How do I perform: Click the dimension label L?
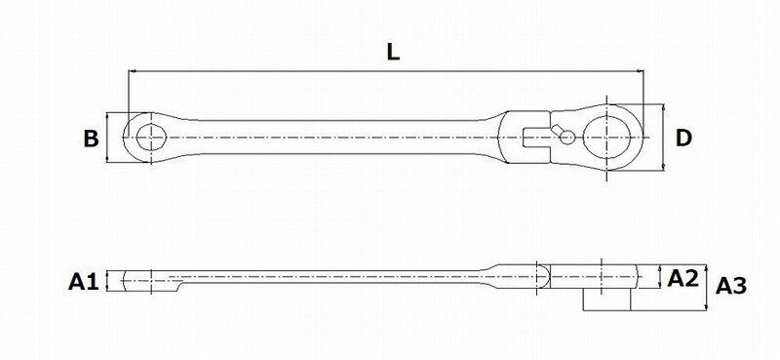pos(393,53)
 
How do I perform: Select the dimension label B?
pos(91,139)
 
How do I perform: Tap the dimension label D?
pos(683,138)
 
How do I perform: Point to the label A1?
pos(84,282)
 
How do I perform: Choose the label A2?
pos(682,278)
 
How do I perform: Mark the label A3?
pos(731,286)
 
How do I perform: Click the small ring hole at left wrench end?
pos(151,138)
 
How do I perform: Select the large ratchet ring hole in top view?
pos(606,137)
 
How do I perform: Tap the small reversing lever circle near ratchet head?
pos(567,137)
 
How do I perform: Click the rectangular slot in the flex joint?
pos(534,138)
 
